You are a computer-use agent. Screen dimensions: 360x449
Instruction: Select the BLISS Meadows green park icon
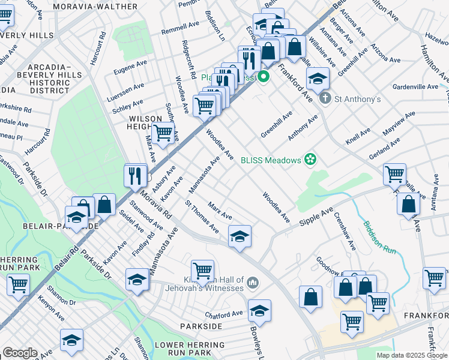pyautogui.click(x=310, y=160)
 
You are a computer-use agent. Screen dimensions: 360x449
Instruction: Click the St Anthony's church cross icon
pyautogui.click(x=325, y=98)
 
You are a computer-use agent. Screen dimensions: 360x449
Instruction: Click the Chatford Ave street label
pyautogui.click(x=224, y=313)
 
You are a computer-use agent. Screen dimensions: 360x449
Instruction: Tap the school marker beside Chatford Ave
pyautogui.click(x=259, y=311)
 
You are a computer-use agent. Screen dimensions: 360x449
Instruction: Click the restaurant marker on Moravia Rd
pyautogui.click(x=136, y=175)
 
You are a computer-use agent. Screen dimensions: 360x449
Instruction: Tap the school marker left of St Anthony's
pyautogui.click(x=318, y=77)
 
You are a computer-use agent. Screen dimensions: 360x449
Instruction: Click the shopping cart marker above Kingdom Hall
pyautogui.click(x=203, y=271)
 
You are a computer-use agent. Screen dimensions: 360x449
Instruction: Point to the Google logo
pyautogui.click(x=20, y=353)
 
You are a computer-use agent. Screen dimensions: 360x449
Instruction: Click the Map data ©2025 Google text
pyautogui.click(x=412, y=355)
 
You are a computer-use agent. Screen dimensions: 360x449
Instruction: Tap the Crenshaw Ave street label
pyautogui.click(x=345, y=232)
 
